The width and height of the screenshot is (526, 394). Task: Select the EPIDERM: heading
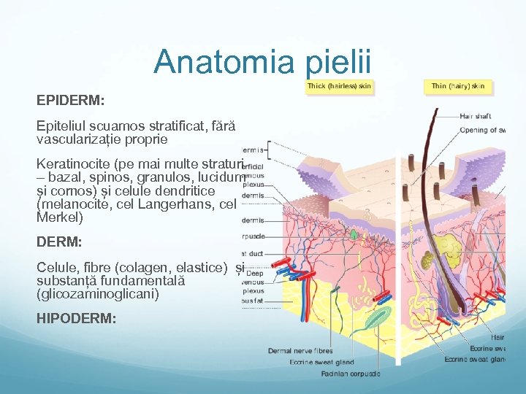pyautogui.click(x=71, y=97)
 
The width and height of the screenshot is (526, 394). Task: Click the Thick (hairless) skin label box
pyautogui.click(x=339, y=86)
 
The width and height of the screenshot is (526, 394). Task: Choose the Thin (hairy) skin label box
pyautogui.click(x=457, y=86)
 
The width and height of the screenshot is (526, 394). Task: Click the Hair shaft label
pyautogui.click(x=475, y=116)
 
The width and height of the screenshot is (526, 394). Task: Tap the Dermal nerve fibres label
pyautogui.click(x=300, y=351)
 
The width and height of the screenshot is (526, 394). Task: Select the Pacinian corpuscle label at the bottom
pyautogui.click(x=350, y=374)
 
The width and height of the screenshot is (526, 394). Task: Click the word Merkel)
pyautogui.click(x=60, y=217)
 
